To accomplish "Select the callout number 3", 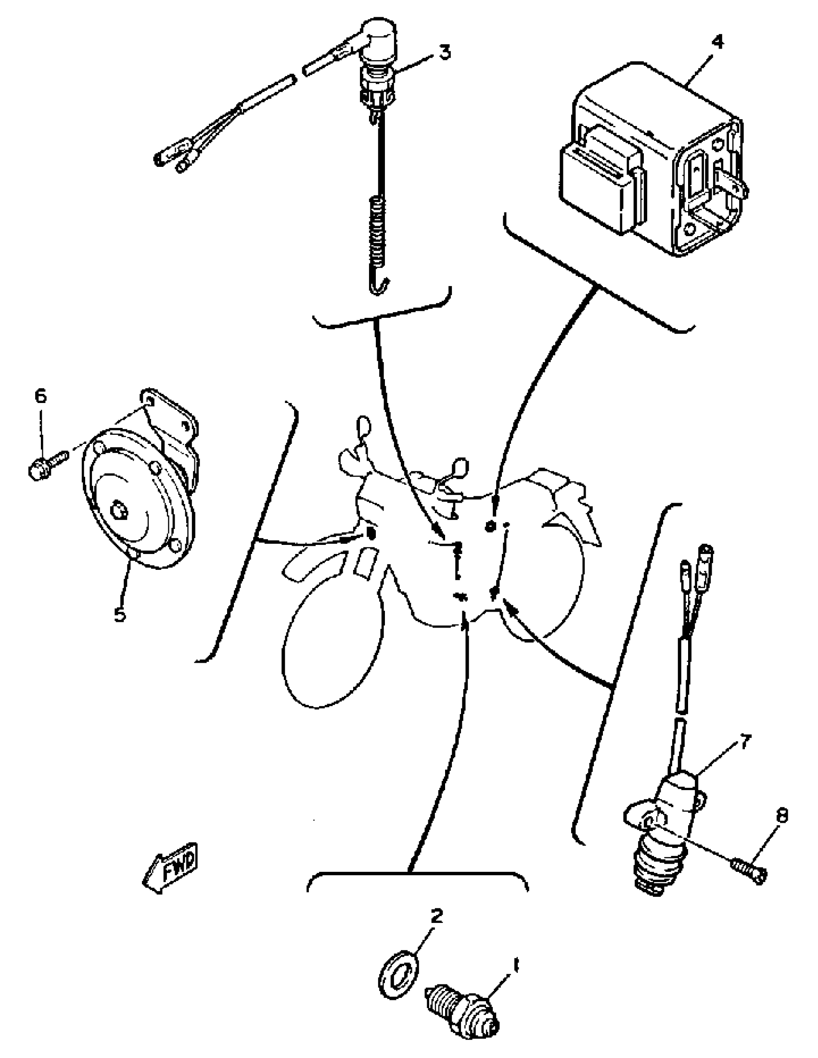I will pyautogui.click(x=445, y=51).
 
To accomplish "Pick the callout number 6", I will pyautogui.click(x=41, y=397).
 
